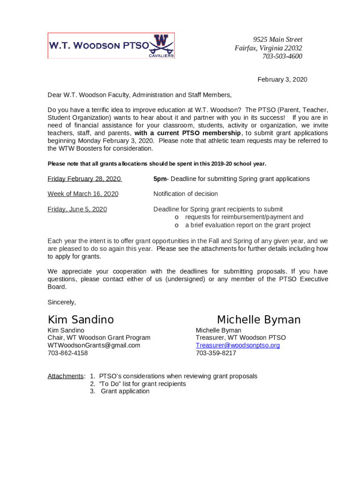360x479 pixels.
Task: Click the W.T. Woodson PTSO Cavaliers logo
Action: [x=111, y=46]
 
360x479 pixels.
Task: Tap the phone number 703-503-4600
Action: [x=282, y=57]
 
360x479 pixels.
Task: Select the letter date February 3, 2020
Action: [x=282, y=80]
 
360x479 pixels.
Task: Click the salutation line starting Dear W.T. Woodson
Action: [x=139, y=95]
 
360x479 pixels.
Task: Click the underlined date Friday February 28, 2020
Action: [x=84, y=179]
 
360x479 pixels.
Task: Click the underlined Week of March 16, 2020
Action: [x=83, y=194]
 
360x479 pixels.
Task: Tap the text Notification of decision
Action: [x=186, y=194]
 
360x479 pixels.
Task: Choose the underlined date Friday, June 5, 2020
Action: [x=77, y=209]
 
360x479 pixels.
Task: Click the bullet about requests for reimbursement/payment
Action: [x=244, y=217]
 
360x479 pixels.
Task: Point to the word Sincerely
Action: [x=62, y=302]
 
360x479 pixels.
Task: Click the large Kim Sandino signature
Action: [x=80, y=320]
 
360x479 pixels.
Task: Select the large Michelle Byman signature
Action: [x=259, y=320]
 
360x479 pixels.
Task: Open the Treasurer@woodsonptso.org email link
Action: [x=238, y=345]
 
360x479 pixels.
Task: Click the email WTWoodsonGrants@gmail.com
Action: [x=94, y=345]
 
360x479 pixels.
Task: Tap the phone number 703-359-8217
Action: [x=216, y=353]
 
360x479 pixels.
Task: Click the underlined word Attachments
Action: [x=65, y=376]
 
